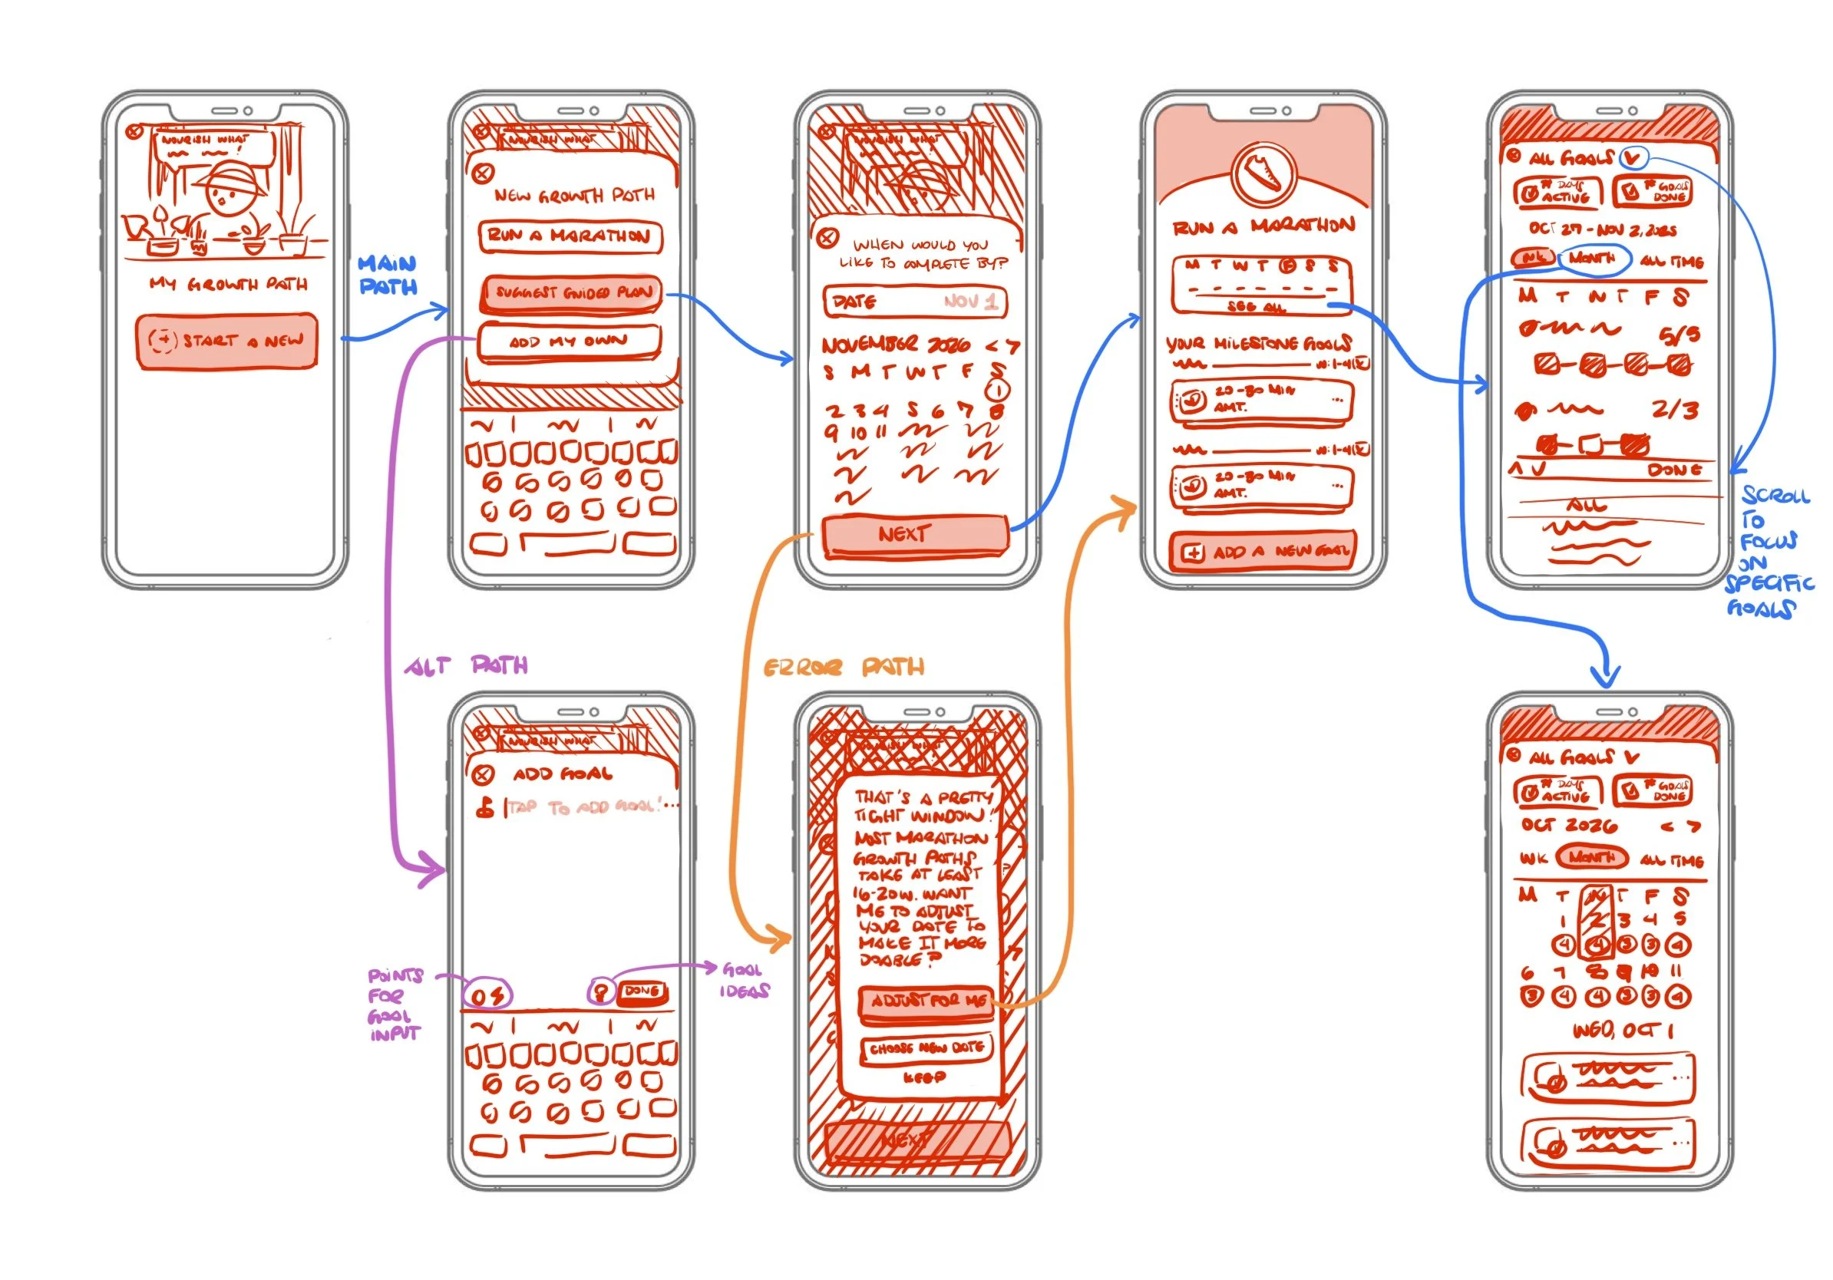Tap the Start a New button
[x=226, y=341]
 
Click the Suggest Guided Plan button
[x=572, y=293]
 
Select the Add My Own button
[x=569, y=341]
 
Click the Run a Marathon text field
[x=570, y=236]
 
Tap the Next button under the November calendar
[x=915, y=534]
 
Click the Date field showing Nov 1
[x=915, y=302]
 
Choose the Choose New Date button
[x=926, y=1047]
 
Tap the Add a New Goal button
[x=1263, y=552]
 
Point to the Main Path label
[x=388, y=275]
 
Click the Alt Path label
[x=466, y=665]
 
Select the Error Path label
[x=843, y=666]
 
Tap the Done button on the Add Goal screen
[x=641, y=992]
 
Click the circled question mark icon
[x=601, y=993]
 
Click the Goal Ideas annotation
[x=745, y=980]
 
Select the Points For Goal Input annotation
[x=395, y=1004]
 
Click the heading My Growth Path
[x=227, y=284]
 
